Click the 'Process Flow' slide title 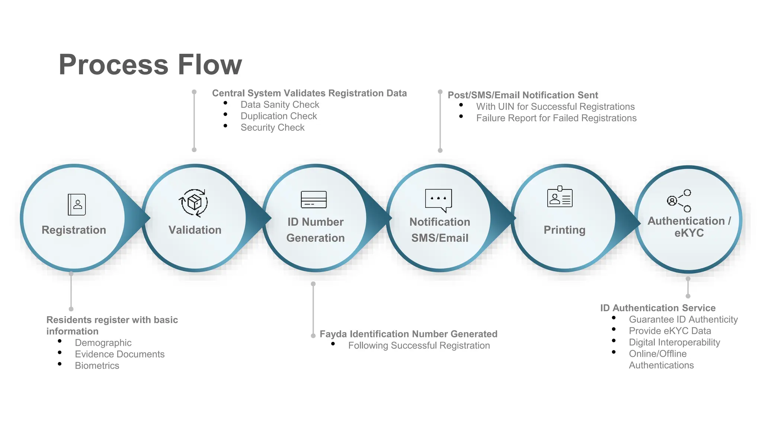150,65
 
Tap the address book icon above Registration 77,204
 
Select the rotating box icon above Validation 193,203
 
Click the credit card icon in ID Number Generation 314,200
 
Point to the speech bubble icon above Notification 438,200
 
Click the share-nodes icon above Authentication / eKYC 679,201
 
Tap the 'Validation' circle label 195,230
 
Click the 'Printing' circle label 564,230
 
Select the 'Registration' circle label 74,230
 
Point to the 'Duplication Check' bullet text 279,116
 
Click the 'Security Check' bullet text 272,128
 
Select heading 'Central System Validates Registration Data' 309,93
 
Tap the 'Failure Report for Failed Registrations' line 556,118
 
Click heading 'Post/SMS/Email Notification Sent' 523,95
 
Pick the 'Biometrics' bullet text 97,366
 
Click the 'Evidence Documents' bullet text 119,354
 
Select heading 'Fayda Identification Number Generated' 409,334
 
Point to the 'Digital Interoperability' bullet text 674,343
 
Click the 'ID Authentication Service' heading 658,308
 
